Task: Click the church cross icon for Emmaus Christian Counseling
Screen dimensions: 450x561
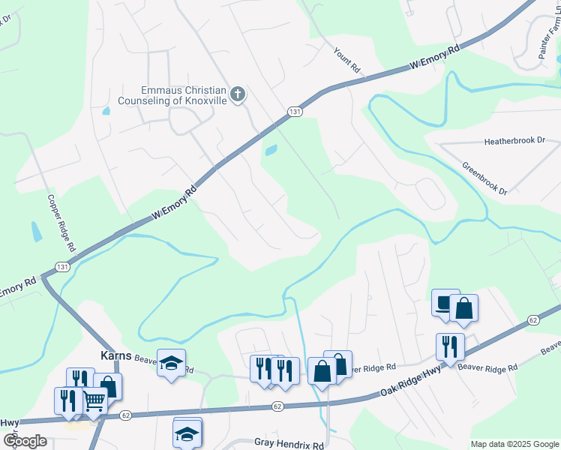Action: click(238, 94)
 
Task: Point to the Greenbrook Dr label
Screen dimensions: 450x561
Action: click(484, 179)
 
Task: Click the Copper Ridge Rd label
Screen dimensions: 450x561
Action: click(61, 223)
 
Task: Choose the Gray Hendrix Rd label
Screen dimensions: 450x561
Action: click(288, 444)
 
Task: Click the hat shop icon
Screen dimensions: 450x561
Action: click(445, 302)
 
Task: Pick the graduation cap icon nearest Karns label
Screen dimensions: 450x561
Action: click(171, 363)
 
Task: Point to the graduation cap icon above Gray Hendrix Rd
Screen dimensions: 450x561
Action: click(187, 431)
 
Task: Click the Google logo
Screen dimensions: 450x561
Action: click(25, 441)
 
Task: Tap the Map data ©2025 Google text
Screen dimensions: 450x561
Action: click(514, 444)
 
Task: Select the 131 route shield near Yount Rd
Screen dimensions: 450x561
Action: click(295, 111)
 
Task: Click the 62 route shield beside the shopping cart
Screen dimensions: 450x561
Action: click(125, 414)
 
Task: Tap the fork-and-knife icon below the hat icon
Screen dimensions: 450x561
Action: click(449, 346)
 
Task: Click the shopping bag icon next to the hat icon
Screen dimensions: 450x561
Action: click(464, 307)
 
